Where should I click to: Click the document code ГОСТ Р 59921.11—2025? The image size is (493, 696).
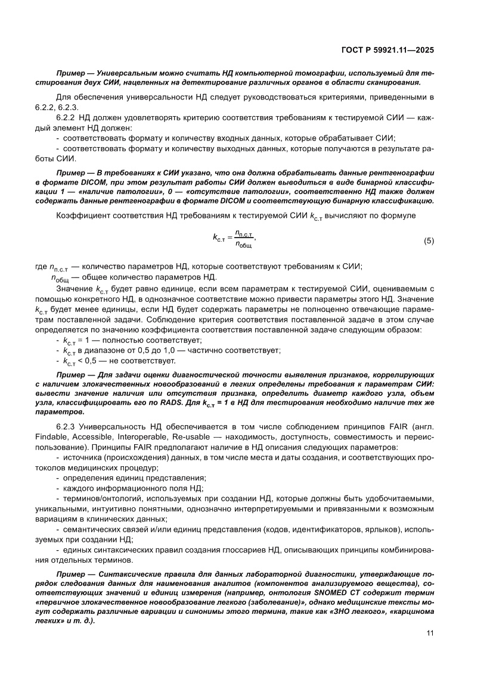point(390,49)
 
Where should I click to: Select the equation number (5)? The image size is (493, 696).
point(429,241)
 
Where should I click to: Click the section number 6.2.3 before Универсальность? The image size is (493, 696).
point(66,428)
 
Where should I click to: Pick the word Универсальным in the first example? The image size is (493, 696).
point(128,72)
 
